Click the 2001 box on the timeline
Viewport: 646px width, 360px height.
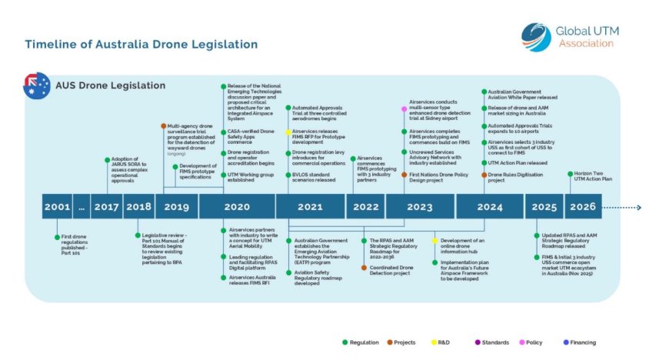click(57, 207)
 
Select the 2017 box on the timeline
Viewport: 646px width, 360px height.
click(107, 207)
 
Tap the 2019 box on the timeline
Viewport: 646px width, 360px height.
click(176, 207)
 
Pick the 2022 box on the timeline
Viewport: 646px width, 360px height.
click(365, 207)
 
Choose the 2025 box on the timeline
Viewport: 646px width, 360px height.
click(544, 207)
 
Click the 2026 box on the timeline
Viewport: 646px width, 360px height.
click(583, 207)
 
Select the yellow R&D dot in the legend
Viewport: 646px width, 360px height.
click(433, 342)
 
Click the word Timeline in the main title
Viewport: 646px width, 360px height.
click(48, 44)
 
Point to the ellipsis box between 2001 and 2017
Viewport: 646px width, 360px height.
click(81, 207)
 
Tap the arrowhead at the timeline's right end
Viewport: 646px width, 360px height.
click(638, 207)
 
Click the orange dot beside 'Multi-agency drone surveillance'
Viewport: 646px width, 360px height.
click(163, 125)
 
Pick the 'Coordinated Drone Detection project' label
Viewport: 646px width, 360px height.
click(394, 271)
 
